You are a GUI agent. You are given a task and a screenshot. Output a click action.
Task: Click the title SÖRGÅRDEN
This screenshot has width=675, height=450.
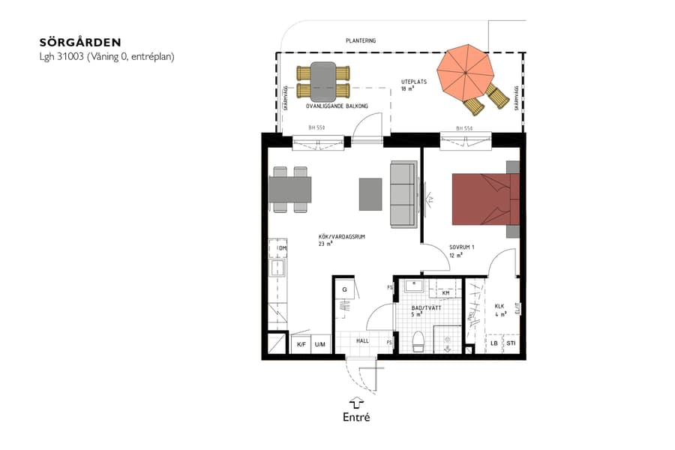pyautogui.click(x=79, y=42)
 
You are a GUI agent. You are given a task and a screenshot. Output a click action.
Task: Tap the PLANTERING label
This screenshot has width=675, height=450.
pyautogui.click(x=360, y=40)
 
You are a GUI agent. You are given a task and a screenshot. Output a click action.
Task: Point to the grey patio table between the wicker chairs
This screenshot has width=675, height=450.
pyautogui.click(x=323, y=82)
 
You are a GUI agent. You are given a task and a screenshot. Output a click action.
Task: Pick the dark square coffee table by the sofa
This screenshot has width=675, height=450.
pyautogui.click(x=371, y=193)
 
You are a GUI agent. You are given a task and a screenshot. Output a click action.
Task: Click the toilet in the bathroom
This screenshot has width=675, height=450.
pyautogui.click(x=418, y=341)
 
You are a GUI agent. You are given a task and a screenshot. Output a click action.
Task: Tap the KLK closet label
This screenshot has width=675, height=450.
pyautogui.click(x=499, y=306)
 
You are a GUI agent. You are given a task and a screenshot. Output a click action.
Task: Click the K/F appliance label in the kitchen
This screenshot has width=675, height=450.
pyautogui.click(x=301, y=344)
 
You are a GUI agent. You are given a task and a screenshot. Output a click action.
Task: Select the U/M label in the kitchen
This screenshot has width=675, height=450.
pyautogui.click(x=320, y=344)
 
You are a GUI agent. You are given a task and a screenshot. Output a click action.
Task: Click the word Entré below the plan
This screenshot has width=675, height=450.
pyautogui.click(x=357, y=417)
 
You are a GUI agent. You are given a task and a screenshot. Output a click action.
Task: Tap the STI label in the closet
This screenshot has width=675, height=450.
pyautogui.click(x=510, y=344)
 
